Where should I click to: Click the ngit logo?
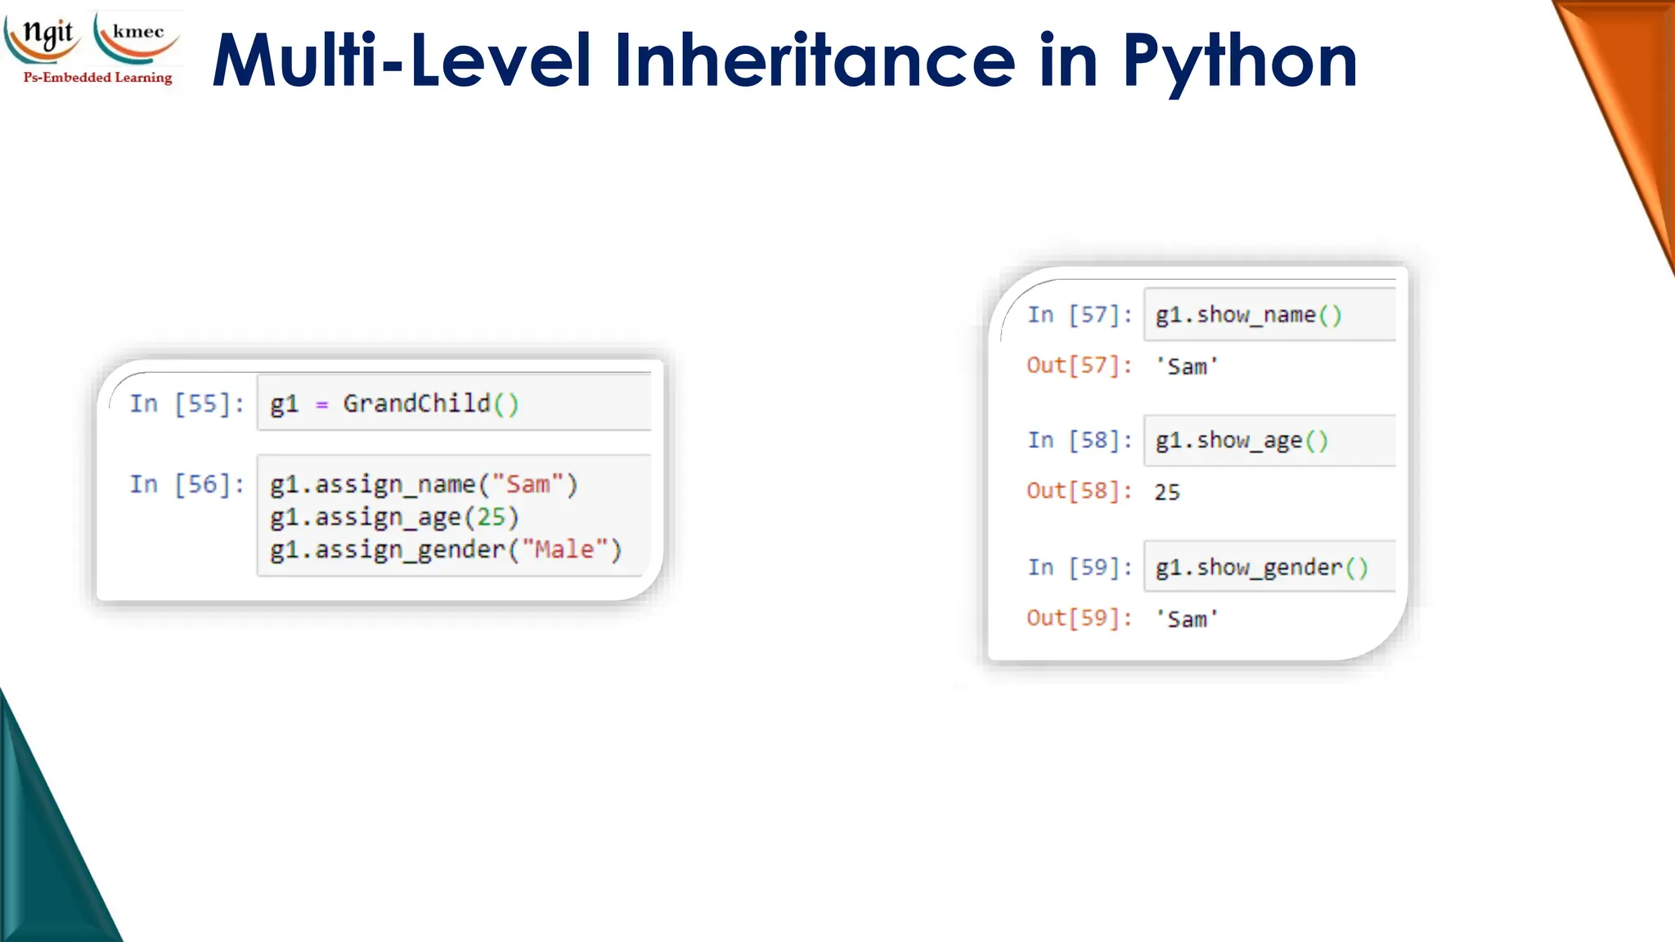45,37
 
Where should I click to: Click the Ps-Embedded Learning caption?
98,78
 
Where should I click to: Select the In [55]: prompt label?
187,403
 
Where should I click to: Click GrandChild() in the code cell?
430,403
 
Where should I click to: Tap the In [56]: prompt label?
187,484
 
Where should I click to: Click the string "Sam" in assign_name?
528,484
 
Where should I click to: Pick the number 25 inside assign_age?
492,517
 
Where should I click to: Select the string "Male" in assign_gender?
565,549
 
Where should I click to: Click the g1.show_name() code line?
1248,315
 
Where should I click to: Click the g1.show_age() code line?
1241,441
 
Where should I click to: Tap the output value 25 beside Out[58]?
1167,491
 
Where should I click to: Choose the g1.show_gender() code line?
1261,567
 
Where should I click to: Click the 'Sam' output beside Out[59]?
1187,619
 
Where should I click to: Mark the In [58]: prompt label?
1080,440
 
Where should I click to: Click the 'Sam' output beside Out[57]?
1187,366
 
